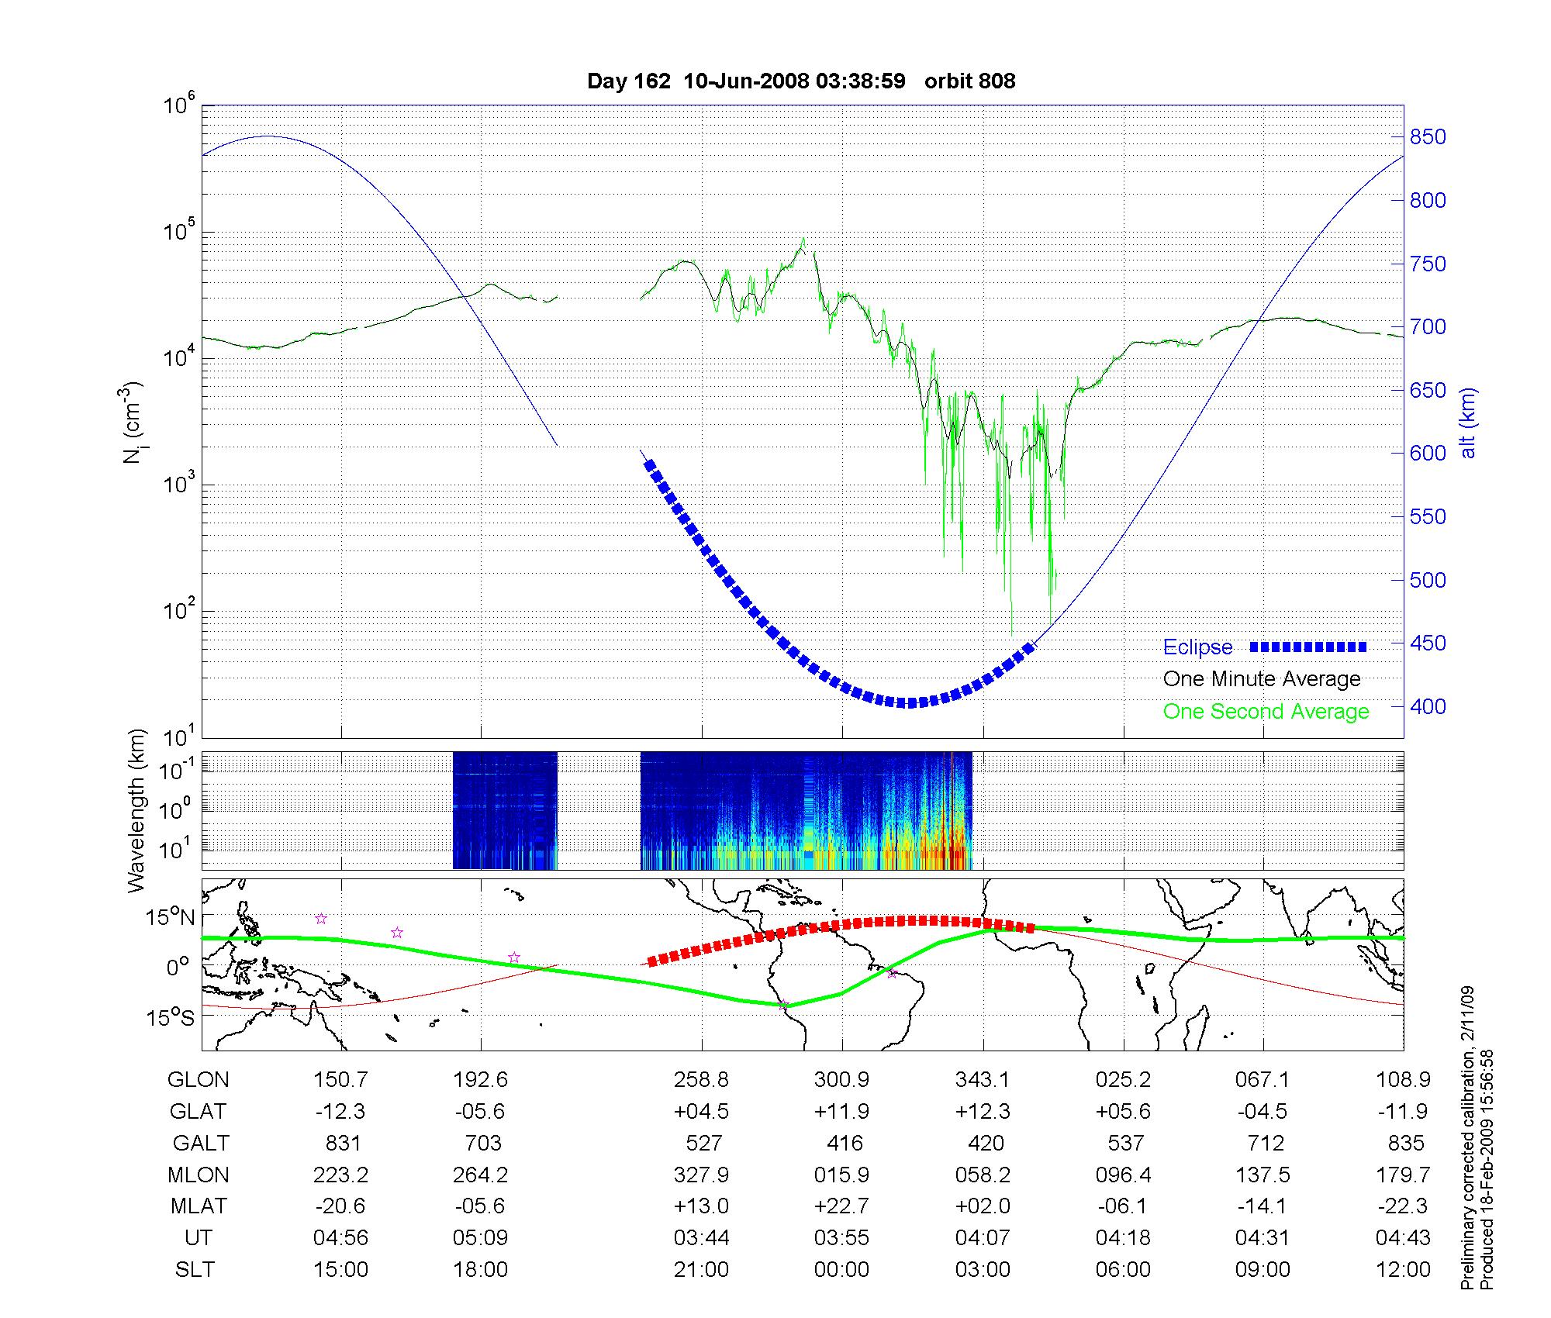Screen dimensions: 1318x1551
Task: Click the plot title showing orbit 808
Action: click(801, 81)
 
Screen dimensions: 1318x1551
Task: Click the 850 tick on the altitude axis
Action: click(1428, 137)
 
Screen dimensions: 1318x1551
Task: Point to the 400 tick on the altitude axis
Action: click(1428, 706)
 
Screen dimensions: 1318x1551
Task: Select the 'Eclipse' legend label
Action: click(1197, 647)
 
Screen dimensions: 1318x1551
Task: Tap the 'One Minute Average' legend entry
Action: click(1262, 679)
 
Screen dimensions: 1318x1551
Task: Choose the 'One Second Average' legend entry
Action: click(1266, 712)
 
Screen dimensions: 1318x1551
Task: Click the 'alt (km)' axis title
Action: click(1467, 423)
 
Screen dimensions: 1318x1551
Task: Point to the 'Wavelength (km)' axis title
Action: click(136, 810)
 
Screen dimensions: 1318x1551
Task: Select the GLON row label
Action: click(198, 1080)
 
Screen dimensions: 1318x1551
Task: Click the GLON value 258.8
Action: click(701, 1080)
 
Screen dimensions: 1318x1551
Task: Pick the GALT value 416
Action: click(845, 1144)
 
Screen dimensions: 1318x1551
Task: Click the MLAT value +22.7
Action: click(841, 1206)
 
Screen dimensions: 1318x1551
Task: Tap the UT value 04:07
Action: click(983, 1238)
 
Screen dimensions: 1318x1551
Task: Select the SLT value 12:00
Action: click(1403, 1270)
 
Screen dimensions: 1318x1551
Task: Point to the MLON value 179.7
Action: click(1403, 1175)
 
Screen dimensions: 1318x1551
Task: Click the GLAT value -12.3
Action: click(340, 1112)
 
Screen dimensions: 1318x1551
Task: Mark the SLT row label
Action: click(195, 1270)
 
